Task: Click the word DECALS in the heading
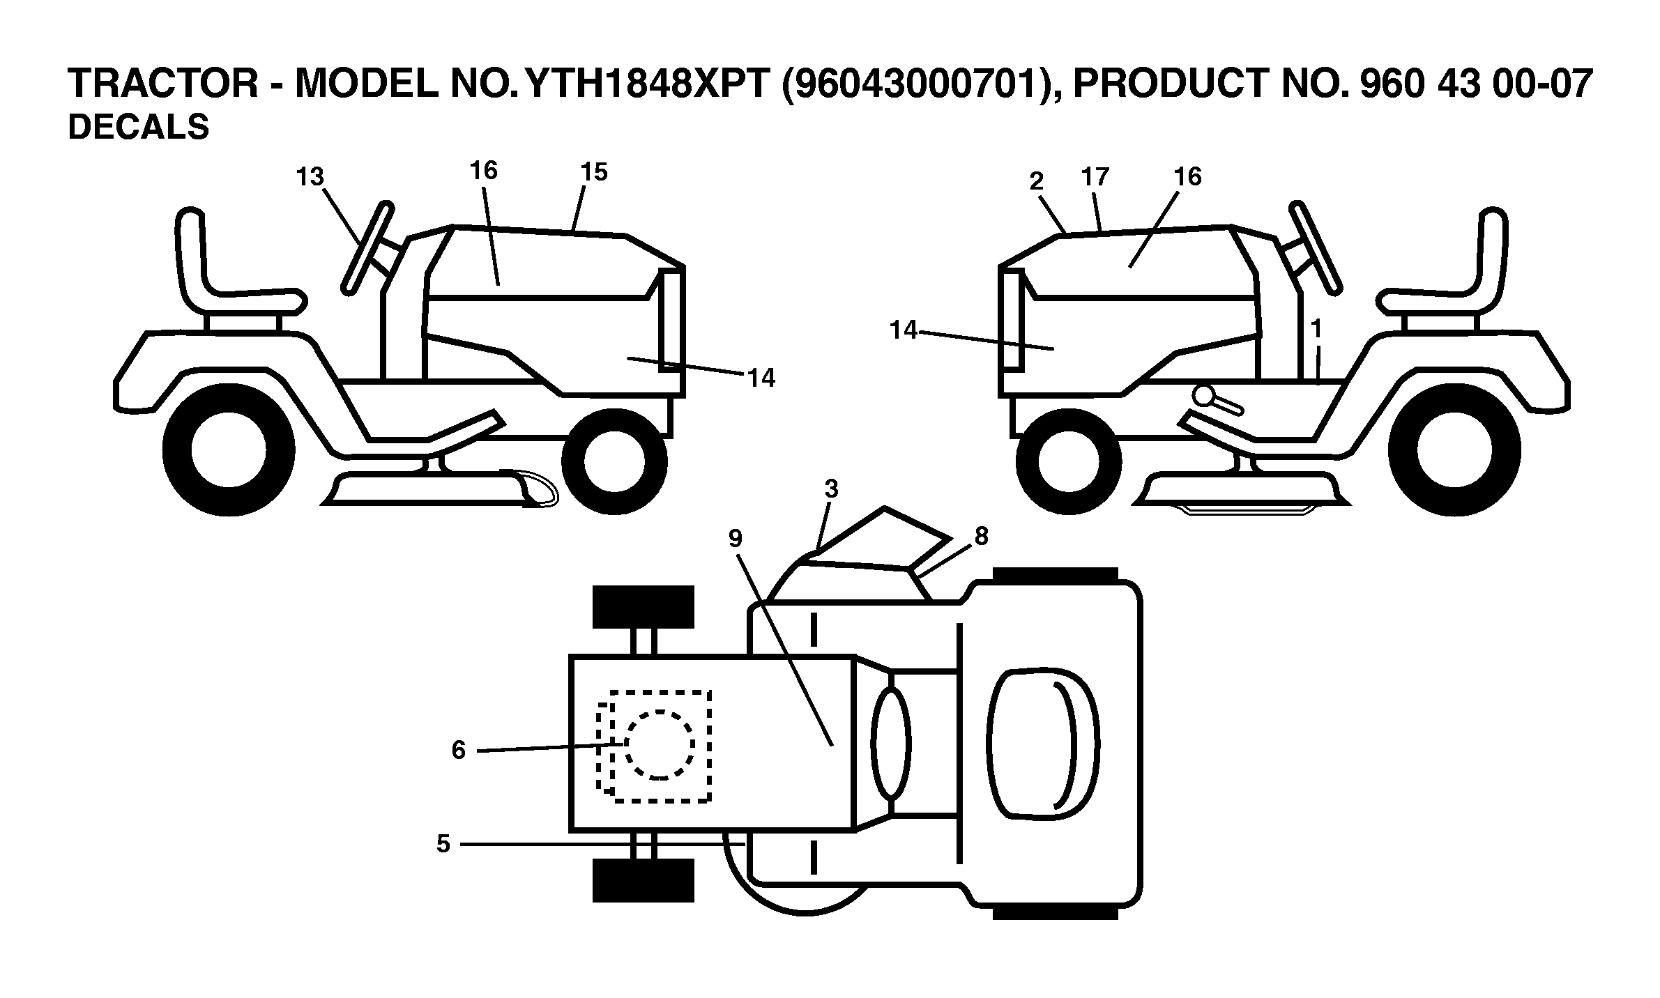click(x=138, y=128)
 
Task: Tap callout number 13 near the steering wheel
click(x=310, y=177)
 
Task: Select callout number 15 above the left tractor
click(x=594, y=172)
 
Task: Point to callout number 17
click(x=1095, y=177)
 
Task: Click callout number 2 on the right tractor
click(x=1037, y=181)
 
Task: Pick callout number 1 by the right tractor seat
click(x=1316, y=328)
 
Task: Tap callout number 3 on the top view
click(x=831, y=489)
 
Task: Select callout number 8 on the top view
click(x=981, y=536)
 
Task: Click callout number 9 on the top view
click(x=736, y=538)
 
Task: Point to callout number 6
click(x=458, y=750)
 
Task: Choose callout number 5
click(x=443, y=844)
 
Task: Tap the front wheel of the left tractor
click(x=614, y=461)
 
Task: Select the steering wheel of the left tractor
click(x=368, y=247)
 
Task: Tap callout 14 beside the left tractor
click(x=761, y=378)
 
